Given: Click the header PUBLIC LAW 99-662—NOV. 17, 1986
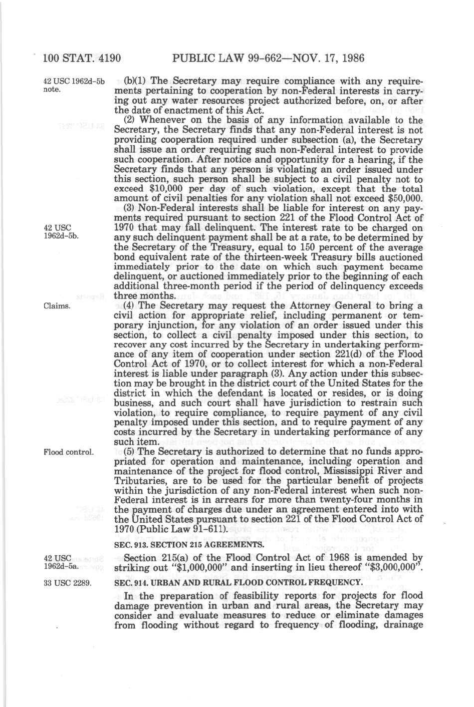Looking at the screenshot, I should point(268,58).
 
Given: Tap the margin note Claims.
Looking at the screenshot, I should point(56,305).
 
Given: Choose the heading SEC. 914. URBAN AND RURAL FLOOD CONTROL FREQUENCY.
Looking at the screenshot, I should point(238,582).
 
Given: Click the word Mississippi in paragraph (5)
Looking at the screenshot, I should point(354,471).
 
